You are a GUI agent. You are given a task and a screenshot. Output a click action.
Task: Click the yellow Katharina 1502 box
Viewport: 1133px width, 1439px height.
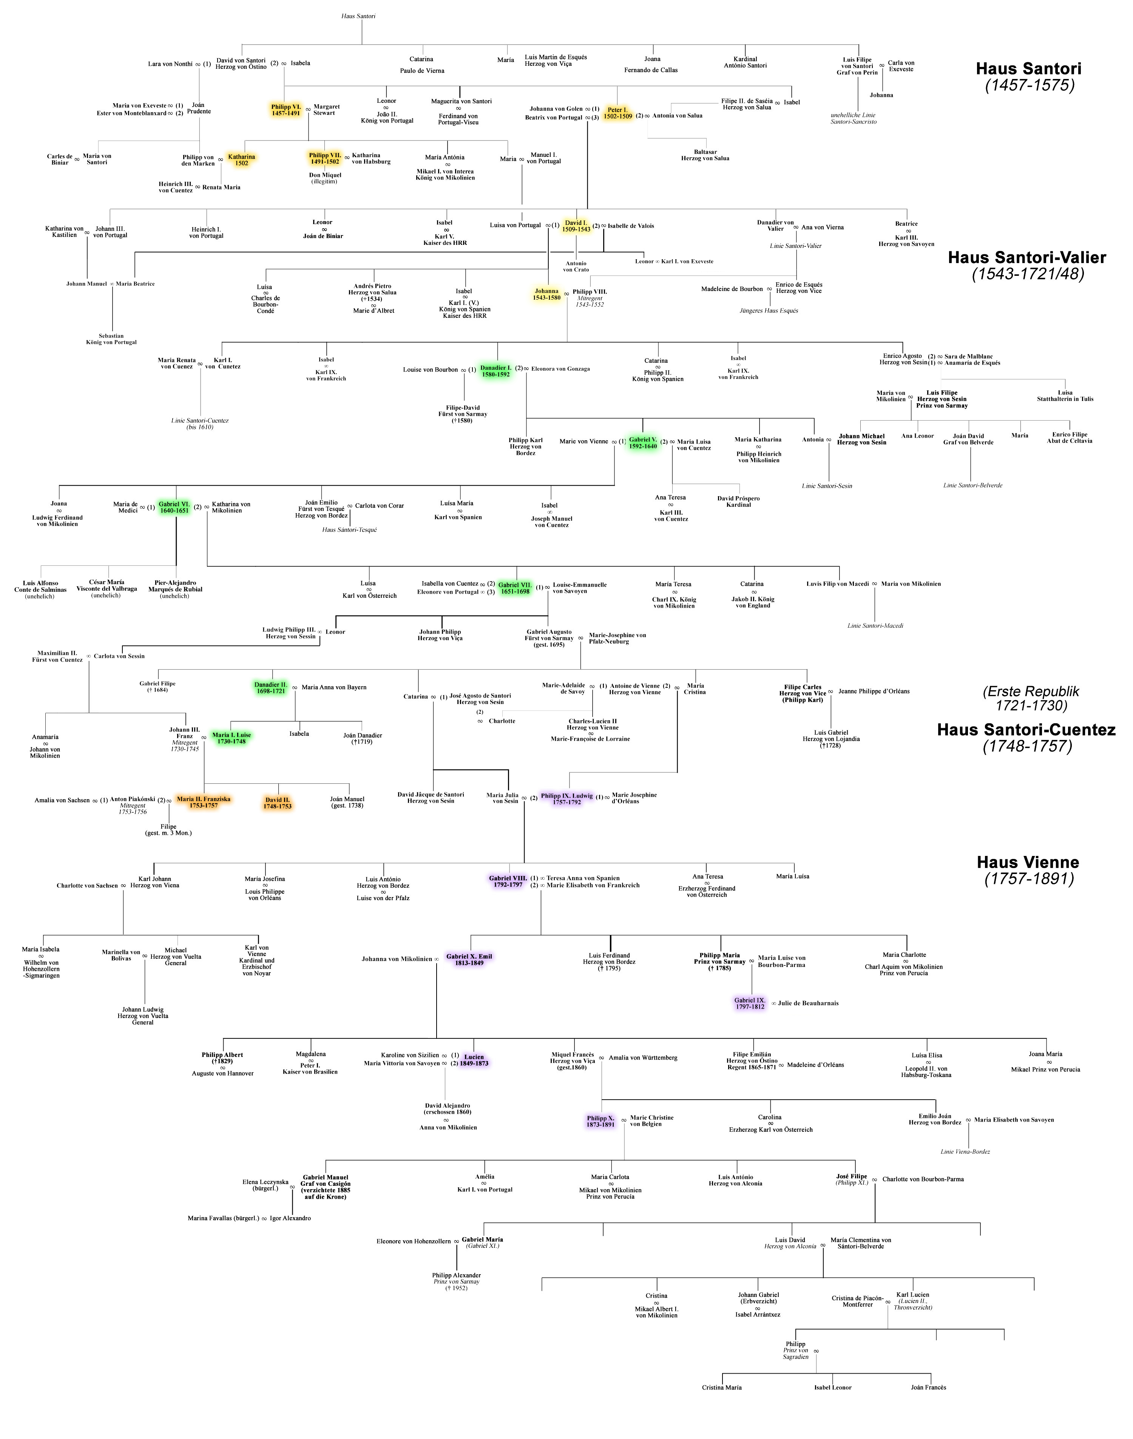tap(241, 160)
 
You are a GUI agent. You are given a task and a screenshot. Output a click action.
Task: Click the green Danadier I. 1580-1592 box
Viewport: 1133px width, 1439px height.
tap(495, 371)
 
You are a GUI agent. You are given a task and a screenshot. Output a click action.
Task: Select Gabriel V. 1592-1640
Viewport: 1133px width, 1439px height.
tap(643, 443)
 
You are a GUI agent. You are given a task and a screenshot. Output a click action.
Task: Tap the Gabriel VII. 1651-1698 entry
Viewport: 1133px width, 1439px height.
tap(515, 588)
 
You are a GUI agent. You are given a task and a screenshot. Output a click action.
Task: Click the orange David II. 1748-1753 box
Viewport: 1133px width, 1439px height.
tap(277, 803)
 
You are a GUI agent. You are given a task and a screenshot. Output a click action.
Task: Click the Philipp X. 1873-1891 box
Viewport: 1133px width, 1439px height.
tap(600, 1121)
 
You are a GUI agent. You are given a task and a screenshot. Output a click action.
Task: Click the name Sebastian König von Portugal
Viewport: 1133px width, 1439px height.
tap(111, 339)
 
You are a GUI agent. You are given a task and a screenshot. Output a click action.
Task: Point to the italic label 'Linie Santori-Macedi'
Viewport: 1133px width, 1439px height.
tap(875, 625)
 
